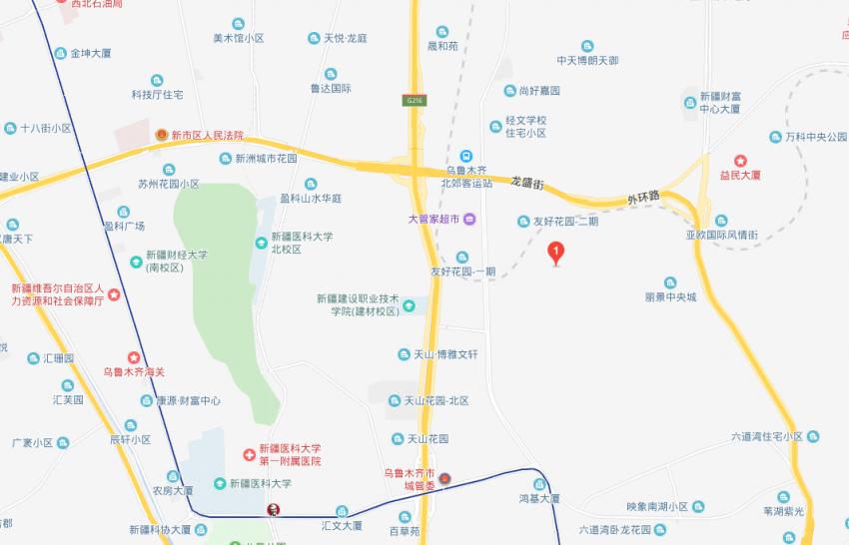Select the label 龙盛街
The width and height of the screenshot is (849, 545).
point(526,184)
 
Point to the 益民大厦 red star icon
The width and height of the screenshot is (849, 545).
point(740,160)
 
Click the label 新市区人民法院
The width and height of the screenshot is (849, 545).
point(207,135)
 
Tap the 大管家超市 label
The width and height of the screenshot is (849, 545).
point(432,219)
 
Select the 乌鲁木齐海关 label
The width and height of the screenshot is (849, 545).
point(133,372)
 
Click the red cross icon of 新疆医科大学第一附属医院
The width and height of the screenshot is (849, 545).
point(249,454)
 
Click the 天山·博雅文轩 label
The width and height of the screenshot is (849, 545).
point(445,354)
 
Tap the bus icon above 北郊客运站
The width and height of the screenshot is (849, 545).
point(465,156)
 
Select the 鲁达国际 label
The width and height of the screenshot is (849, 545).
point(331,88)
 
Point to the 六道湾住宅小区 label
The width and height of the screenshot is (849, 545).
point(767,436)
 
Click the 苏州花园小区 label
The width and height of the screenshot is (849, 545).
point(169,184)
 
